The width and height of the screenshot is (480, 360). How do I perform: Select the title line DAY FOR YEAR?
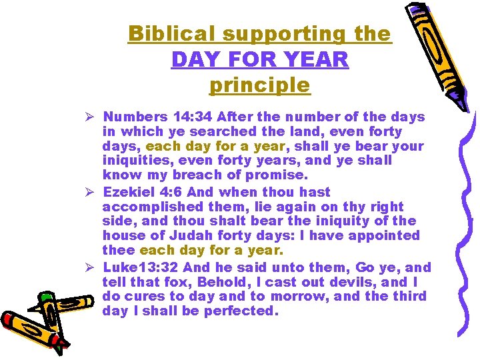point(259,59)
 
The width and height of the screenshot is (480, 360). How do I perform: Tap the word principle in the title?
point(259,85)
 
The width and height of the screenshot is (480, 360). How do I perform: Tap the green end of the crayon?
point(45,299)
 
